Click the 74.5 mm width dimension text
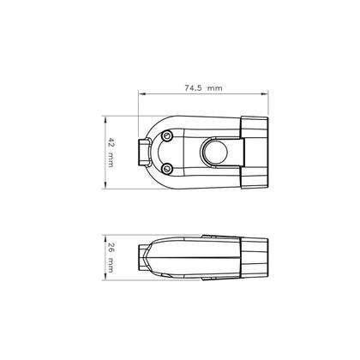(x=203, y=87)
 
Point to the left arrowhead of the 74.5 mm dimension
(x=142, y=95)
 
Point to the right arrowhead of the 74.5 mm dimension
(x=264, y=95)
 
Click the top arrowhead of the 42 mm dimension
(x=104, y=117)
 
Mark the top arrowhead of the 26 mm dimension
(x=104, y=237)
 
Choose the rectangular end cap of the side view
(x=255, y=256)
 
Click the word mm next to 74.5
(x=215, y=87)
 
